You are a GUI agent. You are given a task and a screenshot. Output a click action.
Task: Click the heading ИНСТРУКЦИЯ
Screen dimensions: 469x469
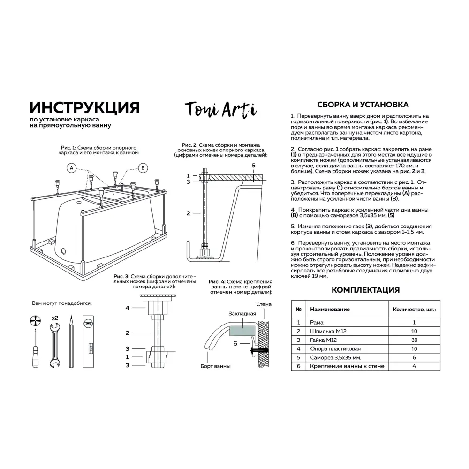pos(84,107)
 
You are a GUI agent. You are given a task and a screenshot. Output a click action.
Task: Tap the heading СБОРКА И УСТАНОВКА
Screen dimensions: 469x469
pos(363,105)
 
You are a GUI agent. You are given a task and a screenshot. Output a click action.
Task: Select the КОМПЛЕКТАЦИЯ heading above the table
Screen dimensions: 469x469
pos(365,290)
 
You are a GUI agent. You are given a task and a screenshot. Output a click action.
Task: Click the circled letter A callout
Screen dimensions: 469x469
pos(71,168)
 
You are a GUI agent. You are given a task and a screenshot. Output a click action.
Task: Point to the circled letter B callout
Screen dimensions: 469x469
pos(143,168)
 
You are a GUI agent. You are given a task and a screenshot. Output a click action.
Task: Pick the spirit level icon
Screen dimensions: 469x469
pos(88,342)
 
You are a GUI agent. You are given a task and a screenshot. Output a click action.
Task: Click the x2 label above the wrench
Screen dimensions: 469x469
pos(54,318)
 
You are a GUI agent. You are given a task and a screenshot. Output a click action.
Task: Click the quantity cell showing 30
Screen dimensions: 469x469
pos(414,340)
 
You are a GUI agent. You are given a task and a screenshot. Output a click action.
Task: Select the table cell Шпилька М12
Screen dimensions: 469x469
pos(328,331)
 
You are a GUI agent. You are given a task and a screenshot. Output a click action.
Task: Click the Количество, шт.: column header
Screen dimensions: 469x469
pos(414,310)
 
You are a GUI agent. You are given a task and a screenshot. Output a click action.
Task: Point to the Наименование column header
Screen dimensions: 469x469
pos(330,310)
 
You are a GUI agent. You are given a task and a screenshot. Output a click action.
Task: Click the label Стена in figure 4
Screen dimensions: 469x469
pos(264,305)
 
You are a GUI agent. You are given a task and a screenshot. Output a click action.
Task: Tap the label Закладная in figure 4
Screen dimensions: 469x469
pos(242,313)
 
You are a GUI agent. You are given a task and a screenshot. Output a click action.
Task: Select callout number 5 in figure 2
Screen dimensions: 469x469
pos(254,166)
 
